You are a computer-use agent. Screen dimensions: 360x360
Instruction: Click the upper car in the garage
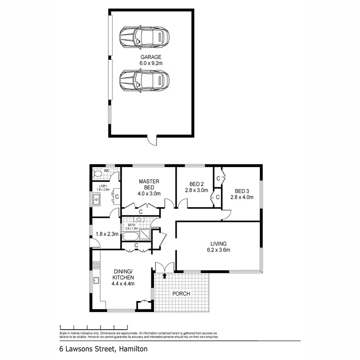[144, 37]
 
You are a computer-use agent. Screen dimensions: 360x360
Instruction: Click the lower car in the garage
[144, 81]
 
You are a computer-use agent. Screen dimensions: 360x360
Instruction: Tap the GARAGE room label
[151, 57]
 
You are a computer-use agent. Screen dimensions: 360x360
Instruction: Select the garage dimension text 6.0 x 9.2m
[151, 63]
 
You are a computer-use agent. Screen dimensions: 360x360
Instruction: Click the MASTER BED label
[149, 184]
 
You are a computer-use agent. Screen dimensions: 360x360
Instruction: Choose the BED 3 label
[242, 191]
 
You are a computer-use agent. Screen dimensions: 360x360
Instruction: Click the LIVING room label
[219, 244]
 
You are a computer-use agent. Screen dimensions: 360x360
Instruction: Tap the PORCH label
[181, 293]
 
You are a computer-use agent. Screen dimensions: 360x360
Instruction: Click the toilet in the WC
[97, 174]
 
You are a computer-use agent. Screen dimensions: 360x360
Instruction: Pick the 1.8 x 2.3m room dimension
[107, 234]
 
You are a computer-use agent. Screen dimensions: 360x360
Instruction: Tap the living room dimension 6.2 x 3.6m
[219, 250]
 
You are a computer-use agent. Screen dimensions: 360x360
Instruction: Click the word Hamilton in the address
[133, 349]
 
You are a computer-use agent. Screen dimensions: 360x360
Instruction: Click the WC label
[107, 171]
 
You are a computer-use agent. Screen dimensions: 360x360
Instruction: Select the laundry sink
[96, 198]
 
